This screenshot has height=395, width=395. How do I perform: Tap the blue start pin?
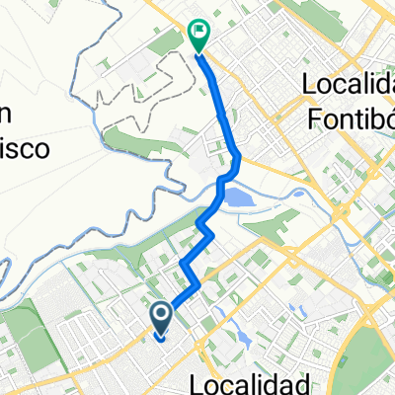click(x=161, y=316)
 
